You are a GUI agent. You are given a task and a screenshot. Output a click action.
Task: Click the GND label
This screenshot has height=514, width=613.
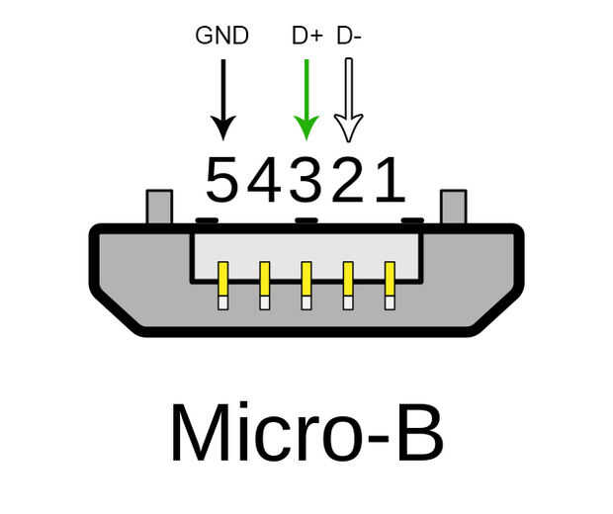(222, 36)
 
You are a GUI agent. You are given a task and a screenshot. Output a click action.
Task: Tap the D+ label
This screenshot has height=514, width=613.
(307, 36)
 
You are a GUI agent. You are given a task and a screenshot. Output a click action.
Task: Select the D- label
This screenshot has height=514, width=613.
(349, 36)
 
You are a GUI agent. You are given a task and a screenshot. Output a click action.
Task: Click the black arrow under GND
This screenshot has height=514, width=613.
(223, 100)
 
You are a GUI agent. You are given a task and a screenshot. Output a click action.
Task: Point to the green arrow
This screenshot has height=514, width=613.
(306, 100)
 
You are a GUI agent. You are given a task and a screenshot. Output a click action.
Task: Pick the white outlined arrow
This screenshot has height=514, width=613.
(349, 101)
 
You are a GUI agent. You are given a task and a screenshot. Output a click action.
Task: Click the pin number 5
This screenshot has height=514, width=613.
(221, 180)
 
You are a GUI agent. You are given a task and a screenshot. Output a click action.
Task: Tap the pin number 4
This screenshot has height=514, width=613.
(265, 180)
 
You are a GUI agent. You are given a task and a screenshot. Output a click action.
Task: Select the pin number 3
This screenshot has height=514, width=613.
(306, 180)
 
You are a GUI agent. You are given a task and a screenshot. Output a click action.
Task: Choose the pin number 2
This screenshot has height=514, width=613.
(347, 180)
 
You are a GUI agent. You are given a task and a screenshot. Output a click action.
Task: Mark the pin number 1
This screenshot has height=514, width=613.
(391, 180)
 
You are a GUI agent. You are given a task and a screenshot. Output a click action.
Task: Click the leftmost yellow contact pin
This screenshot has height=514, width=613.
(222, 286)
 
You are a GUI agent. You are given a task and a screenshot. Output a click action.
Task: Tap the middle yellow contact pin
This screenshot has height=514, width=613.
(306, 286)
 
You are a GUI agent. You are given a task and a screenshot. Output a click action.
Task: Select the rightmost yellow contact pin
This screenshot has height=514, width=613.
(390, 286)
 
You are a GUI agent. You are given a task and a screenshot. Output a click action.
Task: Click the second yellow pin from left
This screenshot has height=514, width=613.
(265, 286)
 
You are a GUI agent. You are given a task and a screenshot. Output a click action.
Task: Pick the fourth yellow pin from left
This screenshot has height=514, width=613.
(348, 286)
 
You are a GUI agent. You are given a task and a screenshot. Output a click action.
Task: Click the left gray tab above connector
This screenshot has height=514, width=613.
(159, 207)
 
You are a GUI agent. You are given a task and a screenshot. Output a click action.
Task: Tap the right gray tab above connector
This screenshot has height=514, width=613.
(454, 207)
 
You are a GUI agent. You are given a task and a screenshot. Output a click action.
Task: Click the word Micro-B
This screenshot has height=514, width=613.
(306, 432)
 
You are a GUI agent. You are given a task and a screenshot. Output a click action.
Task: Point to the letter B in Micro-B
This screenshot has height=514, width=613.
(420, 432)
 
